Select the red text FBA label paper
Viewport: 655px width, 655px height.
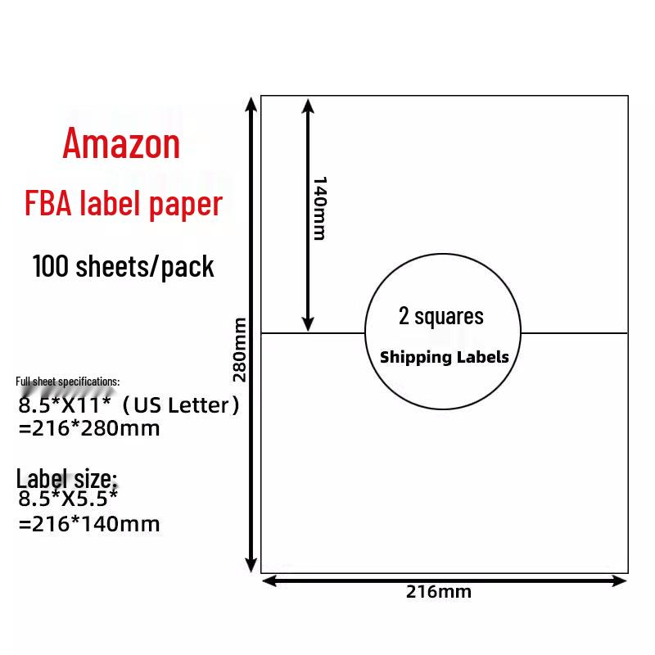pyautogui.click(x=123, y=204)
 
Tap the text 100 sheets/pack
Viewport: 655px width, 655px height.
pyautogui.click(x=124, y=266)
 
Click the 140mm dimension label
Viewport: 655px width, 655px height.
pyautogui.click(x=319, y=208)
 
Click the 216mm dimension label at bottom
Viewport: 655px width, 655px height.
pyautogui.click(x=439, y=592)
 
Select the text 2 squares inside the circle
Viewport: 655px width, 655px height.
pyautogui.click(x=440, y=316)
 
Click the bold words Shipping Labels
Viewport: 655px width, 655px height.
pyautogui.click(x=444, y=357)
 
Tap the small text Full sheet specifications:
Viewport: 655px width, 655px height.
pyautogui.click(x=68, y=382)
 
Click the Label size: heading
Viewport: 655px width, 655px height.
pyautogui.click(x=67, y=479)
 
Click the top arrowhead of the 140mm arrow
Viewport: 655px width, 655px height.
pyautogui.click(x=307, y=104)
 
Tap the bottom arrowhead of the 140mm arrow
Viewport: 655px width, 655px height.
pyautogui.click(x=307, y=325)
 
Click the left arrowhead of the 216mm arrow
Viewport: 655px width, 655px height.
pyautogui.click(x=269, y=580)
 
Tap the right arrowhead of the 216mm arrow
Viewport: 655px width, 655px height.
pyautogui.click(x=620, y=580)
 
